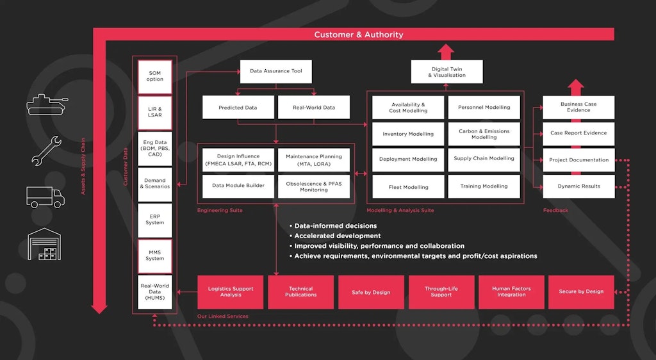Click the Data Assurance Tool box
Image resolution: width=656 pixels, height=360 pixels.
[275, 71]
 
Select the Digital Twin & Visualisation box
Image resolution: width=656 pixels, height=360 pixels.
[447, 72]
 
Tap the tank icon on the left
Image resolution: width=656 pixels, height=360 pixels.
[45, 104]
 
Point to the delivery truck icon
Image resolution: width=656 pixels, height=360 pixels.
[45, 197]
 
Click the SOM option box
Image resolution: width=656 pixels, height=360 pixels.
[155, 76]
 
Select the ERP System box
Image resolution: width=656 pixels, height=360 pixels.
[155, 220]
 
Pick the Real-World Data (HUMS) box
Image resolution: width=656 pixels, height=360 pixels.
[155, 292]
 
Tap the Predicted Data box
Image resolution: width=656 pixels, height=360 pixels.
[238, 108]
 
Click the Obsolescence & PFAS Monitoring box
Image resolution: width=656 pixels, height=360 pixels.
[313, 186]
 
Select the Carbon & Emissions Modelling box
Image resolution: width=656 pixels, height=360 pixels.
[484, 134]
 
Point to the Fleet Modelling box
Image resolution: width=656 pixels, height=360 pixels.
[408, 187]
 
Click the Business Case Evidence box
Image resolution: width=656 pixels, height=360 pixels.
[578, 107]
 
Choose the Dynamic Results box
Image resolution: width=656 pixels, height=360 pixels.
[578, 186]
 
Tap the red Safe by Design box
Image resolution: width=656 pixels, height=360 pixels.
[371, 292]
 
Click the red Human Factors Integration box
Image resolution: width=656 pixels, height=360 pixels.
[511, 292]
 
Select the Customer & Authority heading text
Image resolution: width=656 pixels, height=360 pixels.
[358, 35]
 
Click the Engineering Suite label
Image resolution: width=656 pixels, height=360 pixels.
[220, 210]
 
